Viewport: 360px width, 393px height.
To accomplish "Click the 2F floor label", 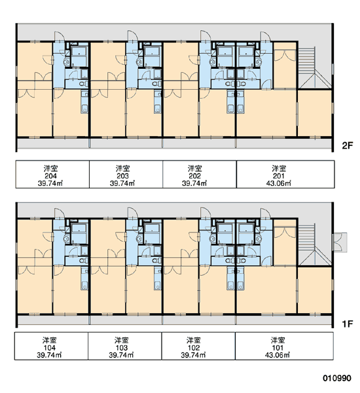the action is [347, 145].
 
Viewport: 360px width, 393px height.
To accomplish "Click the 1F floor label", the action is [347, 324].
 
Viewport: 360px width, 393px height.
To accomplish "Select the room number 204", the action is [51, 176].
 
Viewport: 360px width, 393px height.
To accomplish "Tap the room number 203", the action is [123, 176].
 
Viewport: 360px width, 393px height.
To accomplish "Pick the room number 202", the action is [194, 176].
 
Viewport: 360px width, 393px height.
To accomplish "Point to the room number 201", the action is [279, 176].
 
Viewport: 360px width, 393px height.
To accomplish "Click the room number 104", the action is [50, 348].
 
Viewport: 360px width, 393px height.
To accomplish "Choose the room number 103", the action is [122, 348].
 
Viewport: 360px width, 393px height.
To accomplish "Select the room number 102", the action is [194, 348].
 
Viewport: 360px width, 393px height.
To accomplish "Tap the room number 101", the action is [278, 348].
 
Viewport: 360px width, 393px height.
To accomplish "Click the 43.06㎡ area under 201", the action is [279, 183].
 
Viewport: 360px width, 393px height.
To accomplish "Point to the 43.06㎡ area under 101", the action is [278, 355].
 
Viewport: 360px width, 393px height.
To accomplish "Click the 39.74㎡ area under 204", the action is [50, 183].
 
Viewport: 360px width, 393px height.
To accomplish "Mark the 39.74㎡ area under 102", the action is [193, 355].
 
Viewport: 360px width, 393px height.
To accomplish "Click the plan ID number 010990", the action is [337, 378].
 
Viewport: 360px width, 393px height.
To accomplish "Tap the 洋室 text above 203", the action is [123, 168].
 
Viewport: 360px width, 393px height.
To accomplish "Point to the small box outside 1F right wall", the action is [340, 242].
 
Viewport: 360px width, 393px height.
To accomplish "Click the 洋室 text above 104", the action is [50, 341].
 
